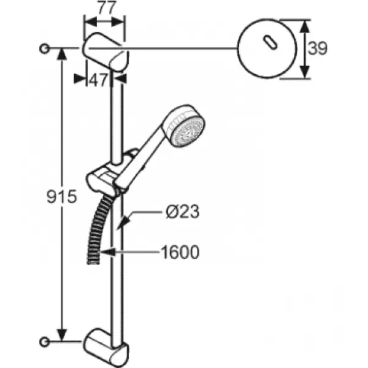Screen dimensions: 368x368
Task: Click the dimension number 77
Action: pyautogui.click(x=107, y=7)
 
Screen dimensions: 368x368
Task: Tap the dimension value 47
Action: pyautogui.click(x=99, y=80)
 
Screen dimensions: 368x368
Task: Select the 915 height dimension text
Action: pyautogui.click(x=62, y=196)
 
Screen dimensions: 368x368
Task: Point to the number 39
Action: pyautogui.click(x=317, y=48)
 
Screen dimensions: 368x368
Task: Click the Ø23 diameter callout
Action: pyautogui.click(x=182, y=212)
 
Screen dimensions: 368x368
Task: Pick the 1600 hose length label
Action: pyautogui.click(x=180, y=252)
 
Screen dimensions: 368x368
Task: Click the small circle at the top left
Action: pyautogui.click(x=44, y=48)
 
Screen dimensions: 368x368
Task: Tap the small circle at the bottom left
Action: pyautogui.click(x=44, y=342)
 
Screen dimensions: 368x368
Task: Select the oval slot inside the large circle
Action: pyautogui.click(x=270, y=42)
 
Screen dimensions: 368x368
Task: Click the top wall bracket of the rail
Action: pyautogui.click(x=105, y=52)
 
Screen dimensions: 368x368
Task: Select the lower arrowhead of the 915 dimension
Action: pyautogui.click(x=62, y=335)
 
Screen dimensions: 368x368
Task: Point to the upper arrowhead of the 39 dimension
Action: pyautogui.click(x=304, y=26)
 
